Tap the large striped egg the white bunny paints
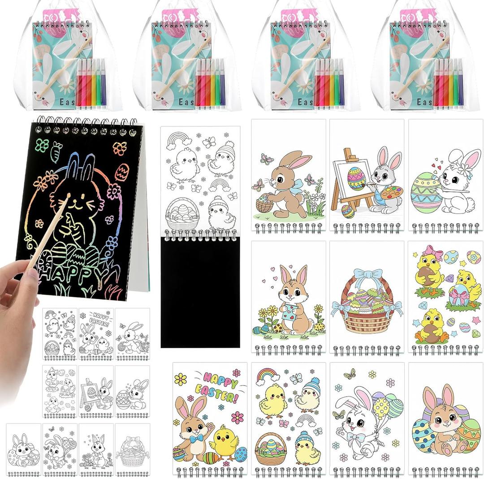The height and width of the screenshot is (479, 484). (425, 193)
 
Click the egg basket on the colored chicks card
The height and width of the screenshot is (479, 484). (271, 449)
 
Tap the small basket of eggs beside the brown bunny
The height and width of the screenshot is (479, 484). (264, 204)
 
